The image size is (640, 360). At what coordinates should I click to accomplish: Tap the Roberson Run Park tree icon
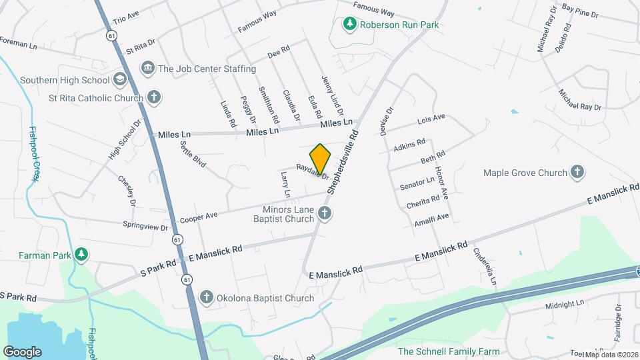point(349,25)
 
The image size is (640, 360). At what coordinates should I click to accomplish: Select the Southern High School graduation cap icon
point(119,80)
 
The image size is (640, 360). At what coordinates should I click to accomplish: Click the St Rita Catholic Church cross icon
point(154,98)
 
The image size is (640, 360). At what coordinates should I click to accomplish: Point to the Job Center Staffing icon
point(147,69)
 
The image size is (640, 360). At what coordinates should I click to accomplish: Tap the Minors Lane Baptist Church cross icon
point(325,213)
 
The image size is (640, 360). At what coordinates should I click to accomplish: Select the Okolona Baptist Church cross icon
point(207,297)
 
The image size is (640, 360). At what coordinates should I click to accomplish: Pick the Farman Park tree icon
point(81,253)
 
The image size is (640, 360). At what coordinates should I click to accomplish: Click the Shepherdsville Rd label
point(343,162)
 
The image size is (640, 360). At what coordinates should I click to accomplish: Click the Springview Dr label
point(145,226)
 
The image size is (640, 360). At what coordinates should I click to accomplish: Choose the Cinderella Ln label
point(485,266)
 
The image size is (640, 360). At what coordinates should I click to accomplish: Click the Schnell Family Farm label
point(448,351)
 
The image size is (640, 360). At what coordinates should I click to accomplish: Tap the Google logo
point(22,351)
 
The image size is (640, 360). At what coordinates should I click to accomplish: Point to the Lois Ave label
point(431,119)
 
